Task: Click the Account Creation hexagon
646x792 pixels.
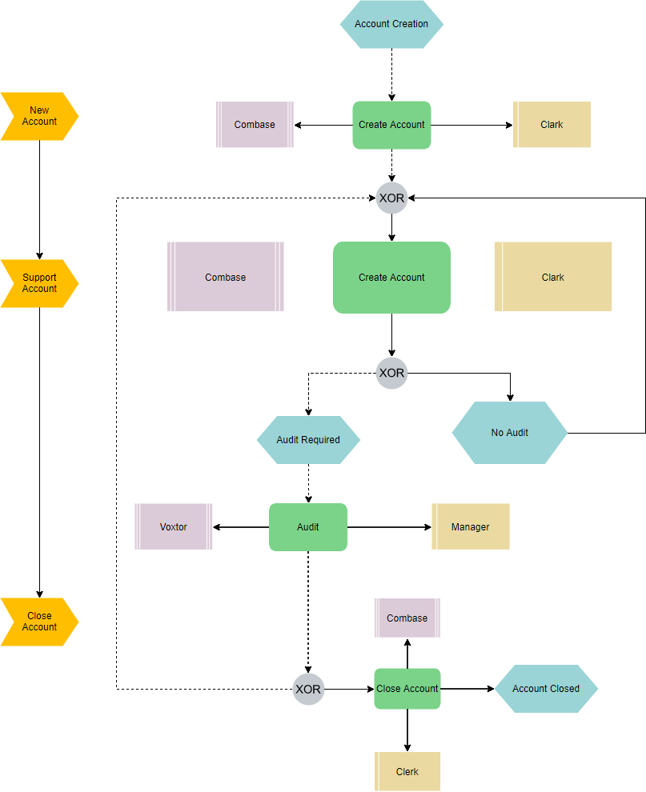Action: click(391, 24)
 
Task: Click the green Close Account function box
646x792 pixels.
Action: click(407, 689)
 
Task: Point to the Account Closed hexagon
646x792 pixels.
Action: click(546, 689)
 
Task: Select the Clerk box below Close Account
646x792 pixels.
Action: click(407, 772)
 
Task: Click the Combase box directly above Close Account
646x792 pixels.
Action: click(407, 618)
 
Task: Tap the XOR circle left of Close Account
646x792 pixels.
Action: click(308, 689)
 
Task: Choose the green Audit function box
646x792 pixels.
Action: click(308, 527)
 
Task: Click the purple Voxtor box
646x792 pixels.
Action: click(174, 527)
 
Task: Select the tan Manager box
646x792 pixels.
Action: click(471, 527)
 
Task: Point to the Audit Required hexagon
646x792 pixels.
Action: click(308, 440)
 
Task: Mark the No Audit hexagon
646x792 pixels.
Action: click(510, 433)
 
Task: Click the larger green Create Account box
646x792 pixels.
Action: click(391, 278)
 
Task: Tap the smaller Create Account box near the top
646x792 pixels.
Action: click(391, 125)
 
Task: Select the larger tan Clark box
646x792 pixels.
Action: click(553, 278)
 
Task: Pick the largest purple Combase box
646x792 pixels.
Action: click(226, 278)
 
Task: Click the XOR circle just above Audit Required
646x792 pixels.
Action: click(391, 373)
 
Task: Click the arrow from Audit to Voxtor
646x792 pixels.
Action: click(240, 527)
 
